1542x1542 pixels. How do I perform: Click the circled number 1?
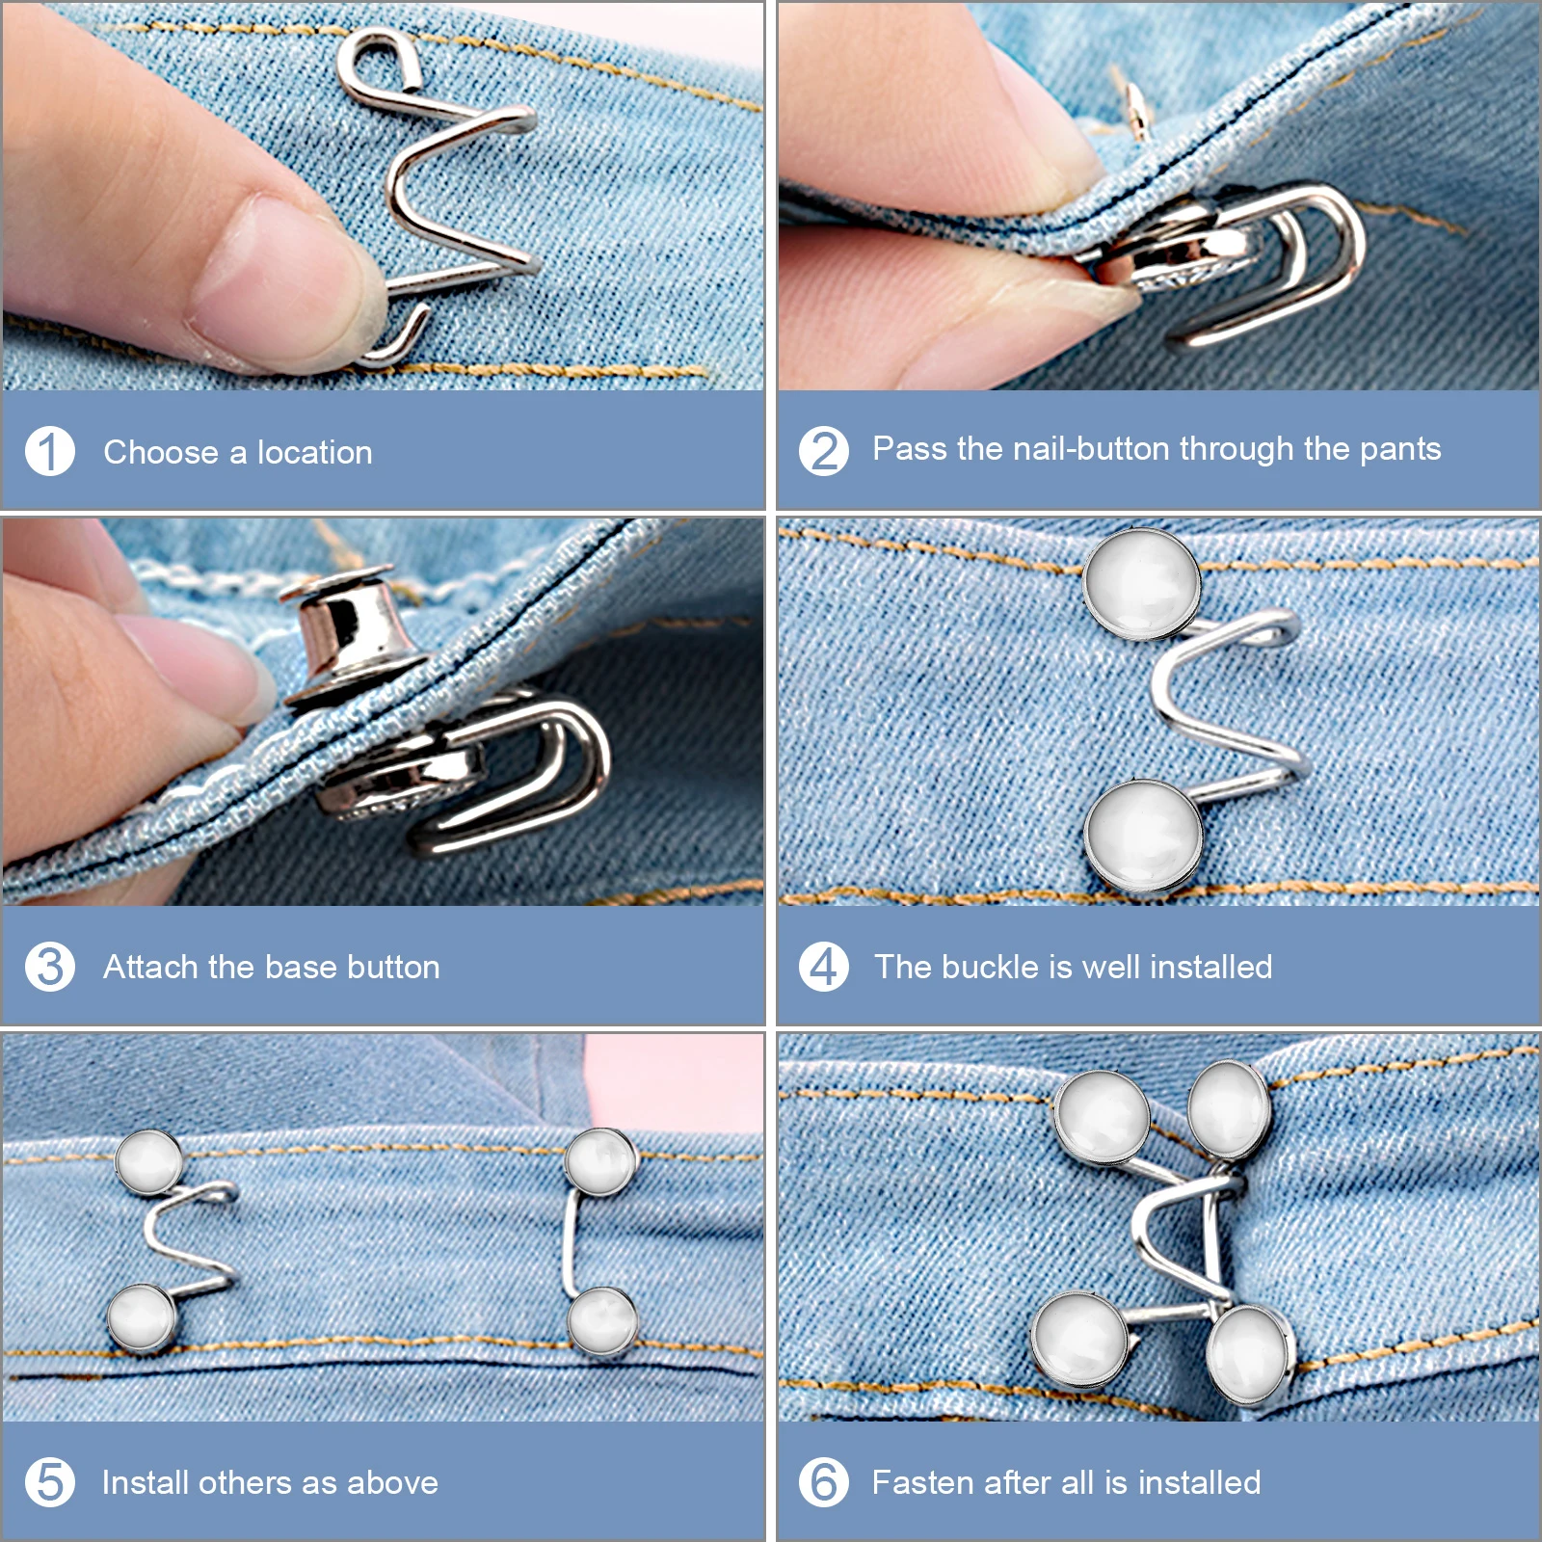50,451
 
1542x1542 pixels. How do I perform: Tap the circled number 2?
824,451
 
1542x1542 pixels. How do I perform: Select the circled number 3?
50,967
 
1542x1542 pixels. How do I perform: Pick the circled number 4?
824,967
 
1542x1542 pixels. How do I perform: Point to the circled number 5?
50,1482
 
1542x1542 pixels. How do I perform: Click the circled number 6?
824,1482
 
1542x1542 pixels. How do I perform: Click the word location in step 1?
314,452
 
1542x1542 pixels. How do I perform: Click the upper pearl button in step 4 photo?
1142,584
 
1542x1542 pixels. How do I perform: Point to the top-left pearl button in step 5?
149,1161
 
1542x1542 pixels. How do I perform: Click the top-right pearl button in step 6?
1228,1108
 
